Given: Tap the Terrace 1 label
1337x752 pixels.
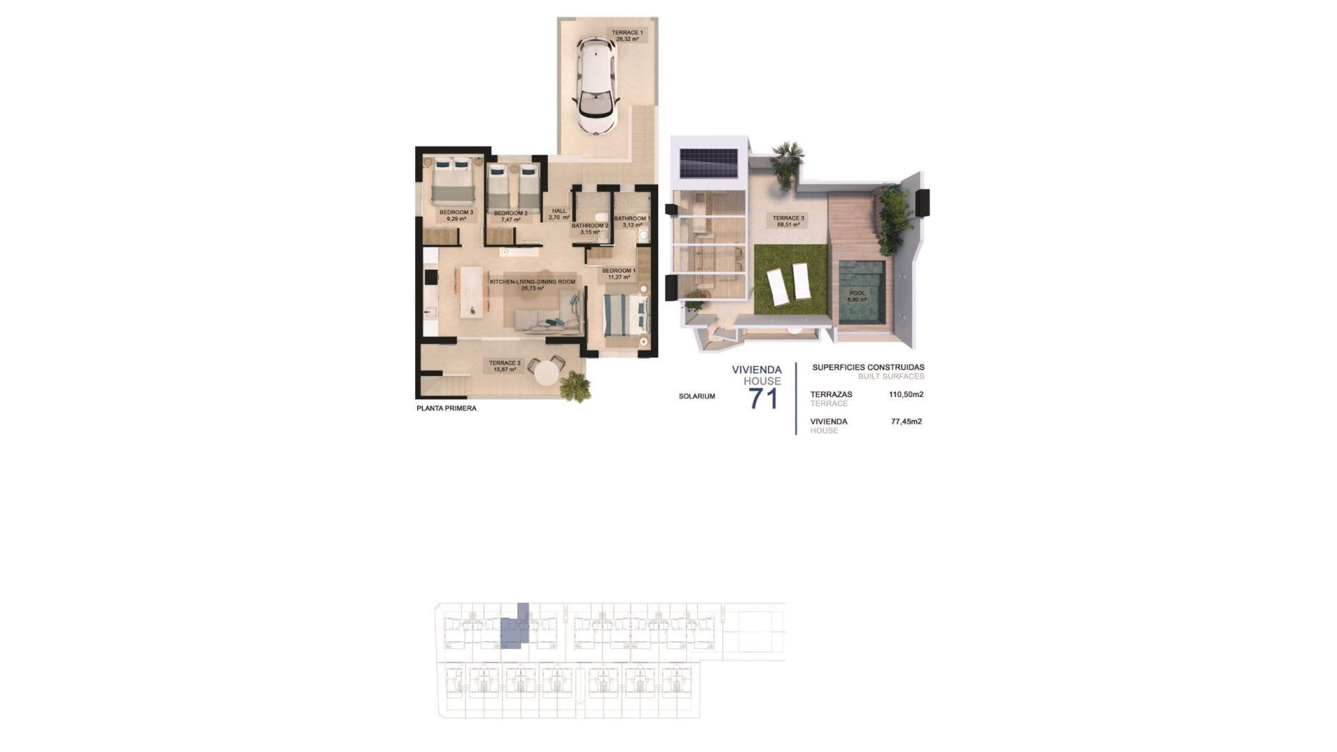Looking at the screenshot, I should pyautogui.click(x=627, y=36).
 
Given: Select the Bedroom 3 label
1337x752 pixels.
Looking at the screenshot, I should pyautogui.click(x=456, y=216).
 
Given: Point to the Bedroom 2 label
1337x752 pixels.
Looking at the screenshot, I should pyautogui.click(x=510, y=216).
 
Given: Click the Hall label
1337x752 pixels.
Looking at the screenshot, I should pyautogui.click(x=559, y=214).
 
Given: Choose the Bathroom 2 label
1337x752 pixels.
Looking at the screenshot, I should pyautogui.click(x=590, y=228).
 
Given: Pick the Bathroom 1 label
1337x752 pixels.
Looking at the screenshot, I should pyautogui.click(x=632, y=221).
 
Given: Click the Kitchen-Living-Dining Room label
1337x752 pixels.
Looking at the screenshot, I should pyautogui.click(x=533, y=285).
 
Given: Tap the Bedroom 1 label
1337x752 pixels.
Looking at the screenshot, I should pyautogui.click(x=618, y=274).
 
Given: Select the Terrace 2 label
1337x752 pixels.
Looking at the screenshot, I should pyautogui.click(x=505, y=366).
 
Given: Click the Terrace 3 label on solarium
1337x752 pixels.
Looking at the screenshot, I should pyautogui.click(x=788, y=221).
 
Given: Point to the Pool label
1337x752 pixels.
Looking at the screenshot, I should pyautogui.click(x=857, y=297).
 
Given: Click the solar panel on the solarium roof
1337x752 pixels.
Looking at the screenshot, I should pyautogui.click(x=709, y=164).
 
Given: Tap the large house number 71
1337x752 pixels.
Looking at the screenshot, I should pyautogui.click(x=763, y=399).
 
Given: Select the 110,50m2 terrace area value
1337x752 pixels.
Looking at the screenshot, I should pyautogui.click(x=906, y=394).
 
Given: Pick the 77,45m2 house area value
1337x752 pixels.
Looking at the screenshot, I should pyautogui.click(x=906, y=421).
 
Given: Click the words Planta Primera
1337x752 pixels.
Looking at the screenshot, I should pyautogui.click(x=446, y=408).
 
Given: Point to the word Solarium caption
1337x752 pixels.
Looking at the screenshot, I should pyautogui.click(x=696, y=396).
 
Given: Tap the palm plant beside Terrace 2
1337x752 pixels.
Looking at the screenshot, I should pyautogui.click(x=575, y=386).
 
